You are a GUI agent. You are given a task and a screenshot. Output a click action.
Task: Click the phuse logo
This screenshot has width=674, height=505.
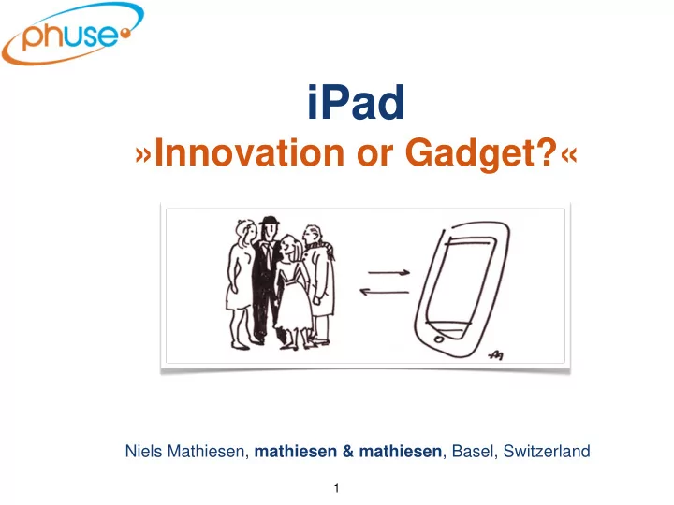click(72, 34)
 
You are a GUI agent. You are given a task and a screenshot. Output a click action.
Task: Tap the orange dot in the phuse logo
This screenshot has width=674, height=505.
click(125, 33)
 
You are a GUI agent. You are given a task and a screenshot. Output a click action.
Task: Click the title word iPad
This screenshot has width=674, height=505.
click(356, 102)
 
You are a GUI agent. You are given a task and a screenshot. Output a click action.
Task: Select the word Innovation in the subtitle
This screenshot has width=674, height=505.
click(249, 152)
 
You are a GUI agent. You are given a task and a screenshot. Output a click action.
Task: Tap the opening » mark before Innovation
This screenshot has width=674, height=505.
click(143, 155)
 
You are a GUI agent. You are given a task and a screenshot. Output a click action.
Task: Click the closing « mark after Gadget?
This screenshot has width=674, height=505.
click(569, 155)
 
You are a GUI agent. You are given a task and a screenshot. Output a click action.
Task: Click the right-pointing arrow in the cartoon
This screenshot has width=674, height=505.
click(389, 272)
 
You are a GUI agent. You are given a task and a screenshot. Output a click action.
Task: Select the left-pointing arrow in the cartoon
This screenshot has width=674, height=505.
click(385, 292)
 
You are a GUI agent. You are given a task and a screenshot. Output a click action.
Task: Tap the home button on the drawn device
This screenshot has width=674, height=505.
click(439, 339)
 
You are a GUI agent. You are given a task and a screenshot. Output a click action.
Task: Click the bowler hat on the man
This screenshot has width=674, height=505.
click(270, 221)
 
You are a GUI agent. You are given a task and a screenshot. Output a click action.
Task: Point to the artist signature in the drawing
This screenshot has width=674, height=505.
click(496, 354)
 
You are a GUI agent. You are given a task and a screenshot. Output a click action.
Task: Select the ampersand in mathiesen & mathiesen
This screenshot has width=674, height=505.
click(348, 452)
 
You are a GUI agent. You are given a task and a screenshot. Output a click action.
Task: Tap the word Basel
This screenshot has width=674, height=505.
click(473, 452)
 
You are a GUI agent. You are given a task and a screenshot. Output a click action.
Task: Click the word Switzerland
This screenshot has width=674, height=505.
click(547, 452)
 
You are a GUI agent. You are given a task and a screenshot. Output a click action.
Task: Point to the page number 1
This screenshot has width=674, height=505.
click(337, 488)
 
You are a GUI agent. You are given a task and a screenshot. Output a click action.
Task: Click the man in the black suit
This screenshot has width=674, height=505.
click(266, 279)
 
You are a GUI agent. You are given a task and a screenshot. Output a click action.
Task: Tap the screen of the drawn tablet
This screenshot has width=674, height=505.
click(460, 281)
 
